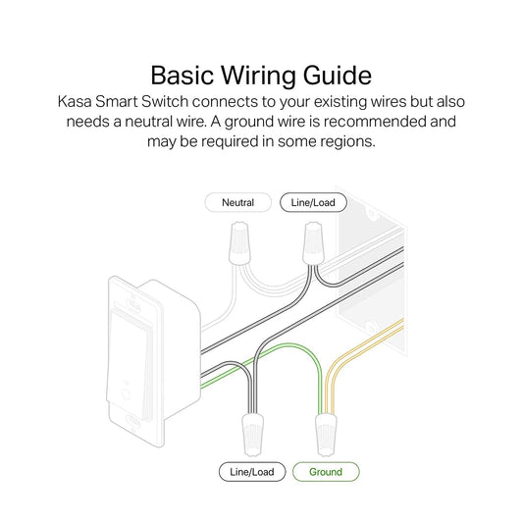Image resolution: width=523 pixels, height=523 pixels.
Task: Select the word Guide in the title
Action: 338,76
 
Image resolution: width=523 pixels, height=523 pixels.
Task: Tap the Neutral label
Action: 237,203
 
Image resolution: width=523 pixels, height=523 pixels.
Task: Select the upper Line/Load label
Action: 312,203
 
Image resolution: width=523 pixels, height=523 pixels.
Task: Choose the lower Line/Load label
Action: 252,472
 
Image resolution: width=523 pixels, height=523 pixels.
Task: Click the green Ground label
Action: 326,472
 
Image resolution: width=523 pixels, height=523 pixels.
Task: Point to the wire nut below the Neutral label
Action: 237,245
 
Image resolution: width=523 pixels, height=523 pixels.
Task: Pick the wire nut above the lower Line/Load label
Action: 251,431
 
